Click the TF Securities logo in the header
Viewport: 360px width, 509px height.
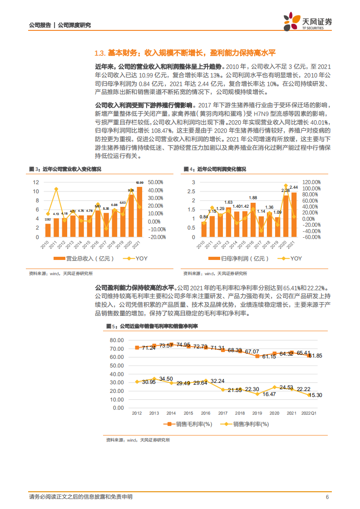307,21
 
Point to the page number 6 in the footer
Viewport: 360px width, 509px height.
327,497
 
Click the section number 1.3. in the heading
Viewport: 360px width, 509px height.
99,53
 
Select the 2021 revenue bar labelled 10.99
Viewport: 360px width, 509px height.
139,212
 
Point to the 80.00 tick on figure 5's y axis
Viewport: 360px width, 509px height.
117,340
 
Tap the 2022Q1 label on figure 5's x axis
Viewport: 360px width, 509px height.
310,413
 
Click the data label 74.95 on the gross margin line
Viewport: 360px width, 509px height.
183,345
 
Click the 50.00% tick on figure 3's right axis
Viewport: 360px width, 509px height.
157,182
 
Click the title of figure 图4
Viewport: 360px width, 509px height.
215,169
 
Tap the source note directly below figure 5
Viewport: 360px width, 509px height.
138,440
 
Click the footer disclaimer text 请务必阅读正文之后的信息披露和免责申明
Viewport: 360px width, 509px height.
80,497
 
